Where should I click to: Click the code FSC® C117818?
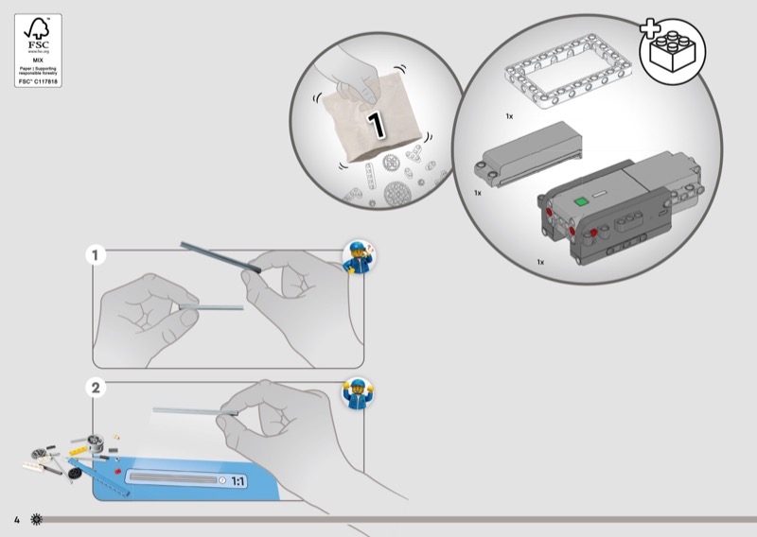click(38, 82)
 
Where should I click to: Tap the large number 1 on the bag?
click(377, 123)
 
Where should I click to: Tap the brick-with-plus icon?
click(679, 51)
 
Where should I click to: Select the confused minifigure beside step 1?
click(358, 255)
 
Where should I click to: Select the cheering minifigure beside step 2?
click(358, 392)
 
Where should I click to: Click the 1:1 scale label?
click(238, 481)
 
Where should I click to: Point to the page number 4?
click(16, 521)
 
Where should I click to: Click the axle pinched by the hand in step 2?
click(189, 410)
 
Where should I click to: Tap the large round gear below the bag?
click(398, 194)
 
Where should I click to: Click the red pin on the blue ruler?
click(116, 470)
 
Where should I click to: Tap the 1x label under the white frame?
click(509, 116)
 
